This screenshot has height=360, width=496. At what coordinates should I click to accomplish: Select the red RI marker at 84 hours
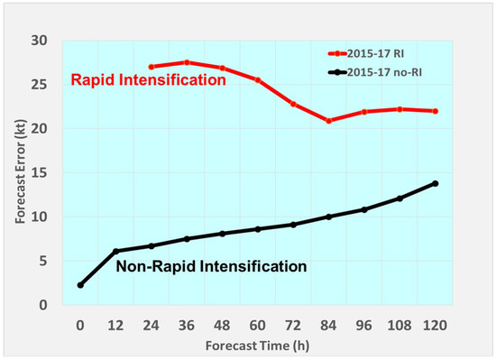[329, 121]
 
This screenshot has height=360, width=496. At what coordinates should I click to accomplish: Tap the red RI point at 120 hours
[436, 111]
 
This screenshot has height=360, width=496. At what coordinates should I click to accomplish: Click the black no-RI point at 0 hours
[80, 285]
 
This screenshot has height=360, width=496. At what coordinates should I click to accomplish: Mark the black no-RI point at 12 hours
[115, 251]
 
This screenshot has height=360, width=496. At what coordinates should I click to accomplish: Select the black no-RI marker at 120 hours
[436, 183]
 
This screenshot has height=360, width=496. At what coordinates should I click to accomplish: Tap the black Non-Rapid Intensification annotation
[211, 267]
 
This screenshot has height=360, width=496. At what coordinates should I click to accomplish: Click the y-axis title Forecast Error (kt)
[21, 171]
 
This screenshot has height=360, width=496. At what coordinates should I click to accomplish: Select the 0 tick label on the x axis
[80, 322]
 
